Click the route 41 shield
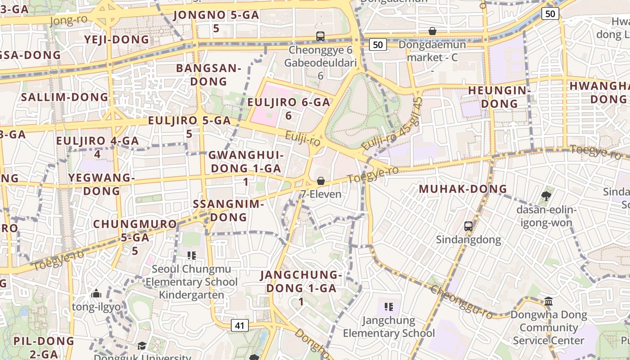coord(240,325)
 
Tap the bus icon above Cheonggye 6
coord(320,36)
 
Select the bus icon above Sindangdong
coord(468,226)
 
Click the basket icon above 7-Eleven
coord(321,181)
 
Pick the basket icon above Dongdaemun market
coord(432,31)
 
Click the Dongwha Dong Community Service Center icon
coord(549,301)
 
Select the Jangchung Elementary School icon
coord(389,307)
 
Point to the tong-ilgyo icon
coord(96,294)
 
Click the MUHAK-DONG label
coord(463,189)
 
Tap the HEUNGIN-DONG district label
coord(499,97)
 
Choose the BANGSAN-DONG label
coord(209,75)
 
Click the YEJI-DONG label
coord(117,40)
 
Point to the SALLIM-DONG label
coord(65,97)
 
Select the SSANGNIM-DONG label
coord(228,210)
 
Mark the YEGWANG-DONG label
coord(102,184)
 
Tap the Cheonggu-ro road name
coord(462,302)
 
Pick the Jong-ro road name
coord(69,20)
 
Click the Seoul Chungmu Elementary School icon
coord(192,256)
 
